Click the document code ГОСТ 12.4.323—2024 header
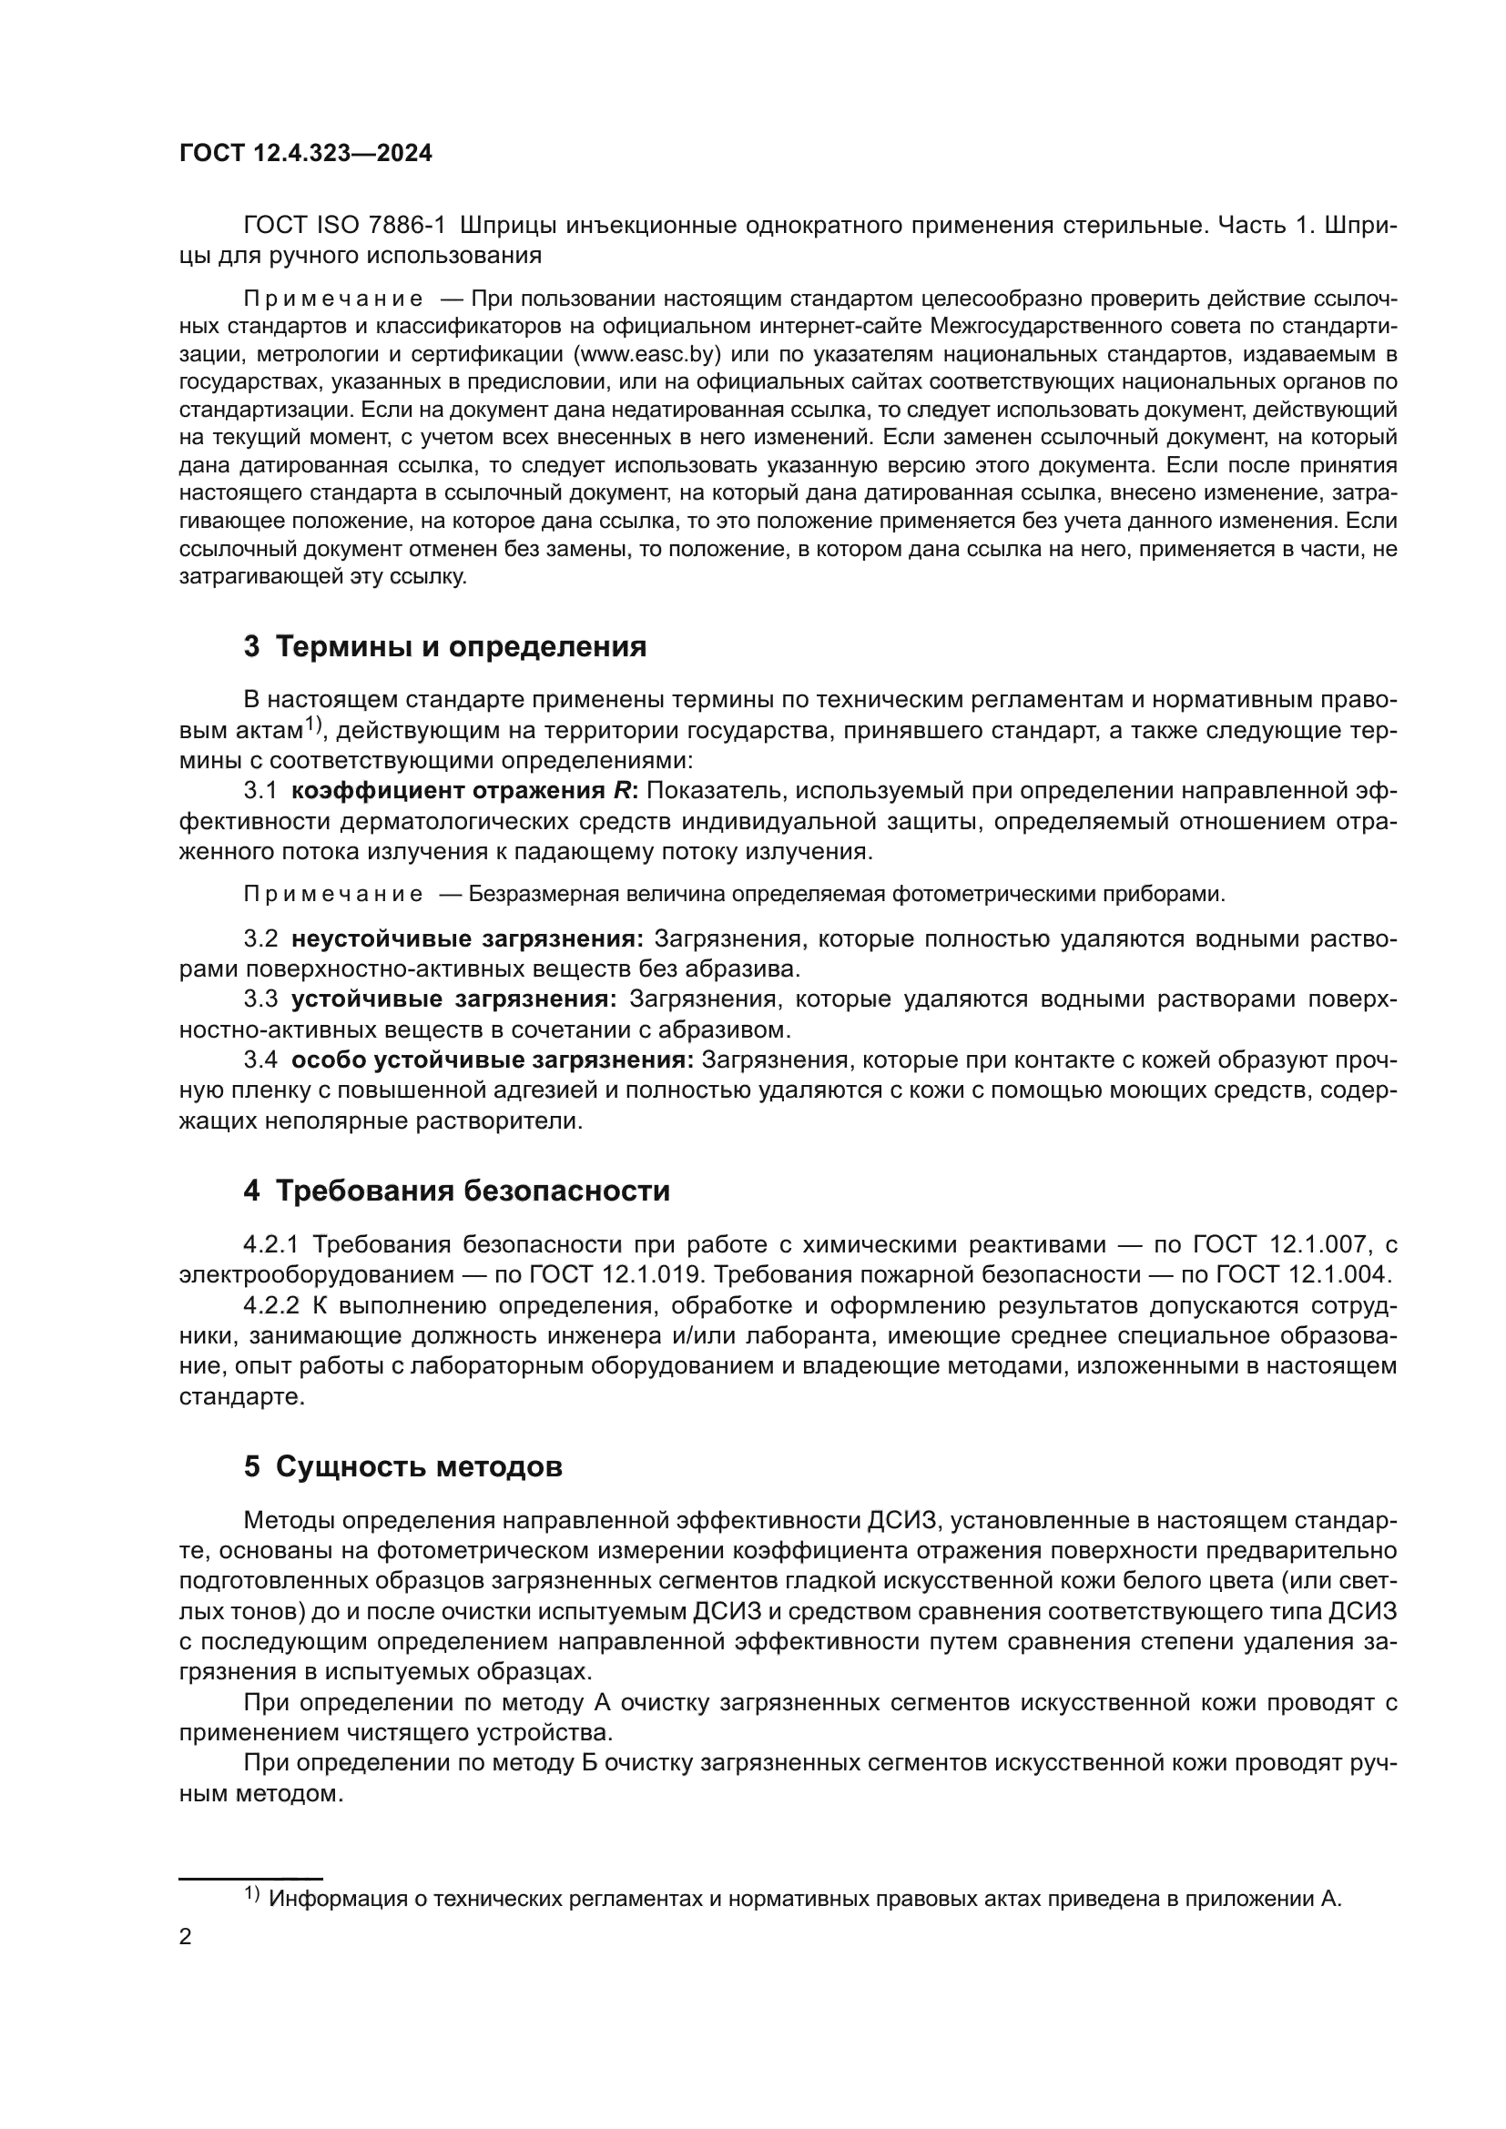coord(305,153)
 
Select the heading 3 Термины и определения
coord(445,646)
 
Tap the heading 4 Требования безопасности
coord(456,1190)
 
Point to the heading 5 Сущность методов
coord(402,1466)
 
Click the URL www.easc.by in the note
coord(647,354)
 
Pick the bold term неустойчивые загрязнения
coord(467,938)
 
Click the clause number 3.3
coord(260,999)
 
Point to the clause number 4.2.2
coord(271,1304)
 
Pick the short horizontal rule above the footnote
coord(250,1876)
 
